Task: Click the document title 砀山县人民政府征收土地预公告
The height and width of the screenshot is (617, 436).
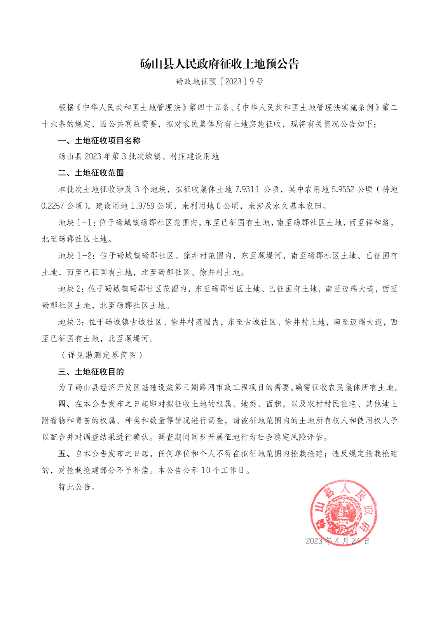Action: (220, 64)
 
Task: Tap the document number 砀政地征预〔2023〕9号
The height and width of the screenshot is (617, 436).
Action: (220, 82)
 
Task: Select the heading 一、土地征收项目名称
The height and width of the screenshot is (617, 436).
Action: (99, 140)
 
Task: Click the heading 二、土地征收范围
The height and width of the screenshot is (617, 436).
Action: (91, 173)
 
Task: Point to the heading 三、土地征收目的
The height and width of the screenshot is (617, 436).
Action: (91, 372)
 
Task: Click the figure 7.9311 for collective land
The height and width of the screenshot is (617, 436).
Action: (247, 189)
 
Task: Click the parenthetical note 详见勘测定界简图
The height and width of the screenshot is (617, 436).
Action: (102, 355)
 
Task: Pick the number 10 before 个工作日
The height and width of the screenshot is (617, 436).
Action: (206, 470)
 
